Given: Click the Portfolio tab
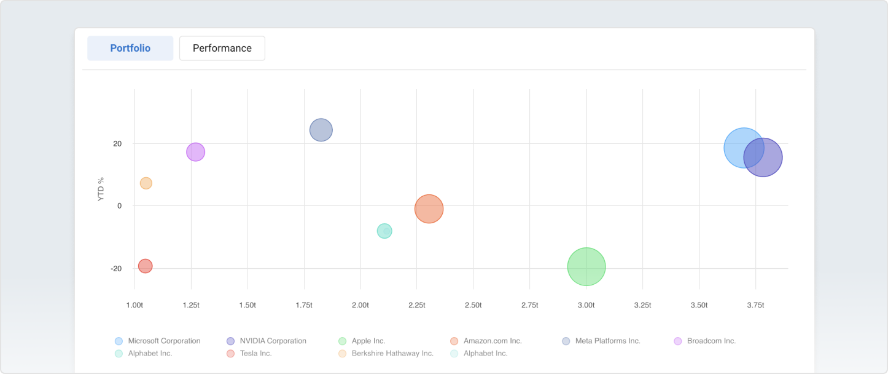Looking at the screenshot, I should coord(130,48).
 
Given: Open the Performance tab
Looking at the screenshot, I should coord(222,48).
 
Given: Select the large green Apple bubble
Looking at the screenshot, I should coord(586,266).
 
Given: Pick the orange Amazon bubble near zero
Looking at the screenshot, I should coord(429,209).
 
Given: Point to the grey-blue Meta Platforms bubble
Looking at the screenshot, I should coord(321,130).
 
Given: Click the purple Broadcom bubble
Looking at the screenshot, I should coord(195,152).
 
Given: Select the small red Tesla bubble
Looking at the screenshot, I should coord(145,266).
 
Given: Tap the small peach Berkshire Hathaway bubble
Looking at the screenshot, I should coord(146,183).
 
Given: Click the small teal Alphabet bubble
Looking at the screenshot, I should coord(384,231).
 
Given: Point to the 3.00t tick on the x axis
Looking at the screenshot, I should coord(586,305).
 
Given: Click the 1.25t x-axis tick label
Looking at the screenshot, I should coord(191,305).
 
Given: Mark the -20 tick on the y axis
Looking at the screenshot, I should coord(116,269).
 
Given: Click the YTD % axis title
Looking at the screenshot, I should coord(101,189).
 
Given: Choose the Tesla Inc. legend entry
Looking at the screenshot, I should coord(255,354).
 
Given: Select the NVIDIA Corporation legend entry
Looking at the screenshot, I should coord(272,341).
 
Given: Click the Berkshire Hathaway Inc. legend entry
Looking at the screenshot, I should coord(392,354).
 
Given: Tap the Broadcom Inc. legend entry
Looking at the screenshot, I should coord(711,341).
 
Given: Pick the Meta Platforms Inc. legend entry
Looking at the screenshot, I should coord(607,341).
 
